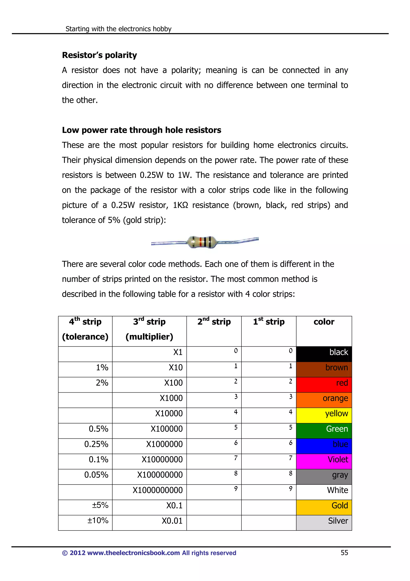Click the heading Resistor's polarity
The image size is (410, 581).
(99, 55)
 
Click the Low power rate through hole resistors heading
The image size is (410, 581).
(142, 130)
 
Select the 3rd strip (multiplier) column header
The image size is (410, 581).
(149, 329)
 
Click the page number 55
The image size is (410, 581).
(344, 553)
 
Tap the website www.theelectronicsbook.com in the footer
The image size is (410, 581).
(133, 553)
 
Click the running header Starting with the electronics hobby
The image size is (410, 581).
(118, 29)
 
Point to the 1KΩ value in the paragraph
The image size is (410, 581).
(180, 205)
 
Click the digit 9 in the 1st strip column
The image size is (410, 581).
(290, 489)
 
